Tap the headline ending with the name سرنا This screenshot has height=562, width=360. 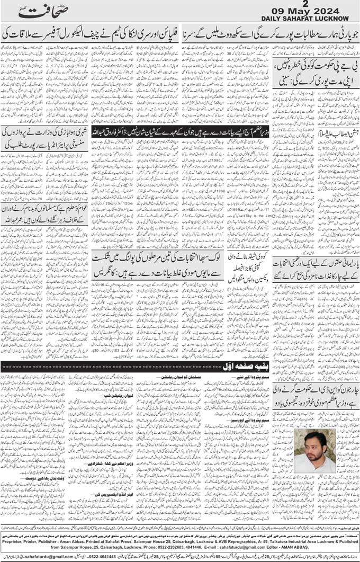point(269,32)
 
